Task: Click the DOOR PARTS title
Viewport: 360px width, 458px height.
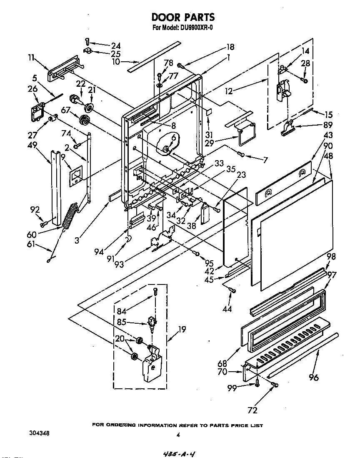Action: (x=183, y=17)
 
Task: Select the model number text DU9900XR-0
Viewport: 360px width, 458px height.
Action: (x=195, y=28)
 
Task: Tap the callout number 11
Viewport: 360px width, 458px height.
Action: (x=32, y=58)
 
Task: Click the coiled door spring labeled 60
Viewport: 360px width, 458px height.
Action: (x=71, y=215)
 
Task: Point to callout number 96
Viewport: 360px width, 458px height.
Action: (x=314, y=377)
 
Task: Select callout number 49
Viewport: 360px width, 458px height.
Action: (x=32, y=145)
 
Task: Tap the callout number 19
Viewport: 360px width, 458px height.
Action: (x=182, y=329)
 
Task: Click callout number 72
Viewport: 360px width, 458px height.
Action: (x=252, y=410)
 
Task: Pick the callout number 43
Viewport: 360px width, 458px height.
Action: (x=328, y=136)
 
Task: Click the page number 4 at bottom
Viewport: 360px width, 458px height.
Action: (x=178, y=435)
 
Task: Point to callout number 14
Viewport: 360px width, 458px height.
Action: (x=305, y=51)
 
